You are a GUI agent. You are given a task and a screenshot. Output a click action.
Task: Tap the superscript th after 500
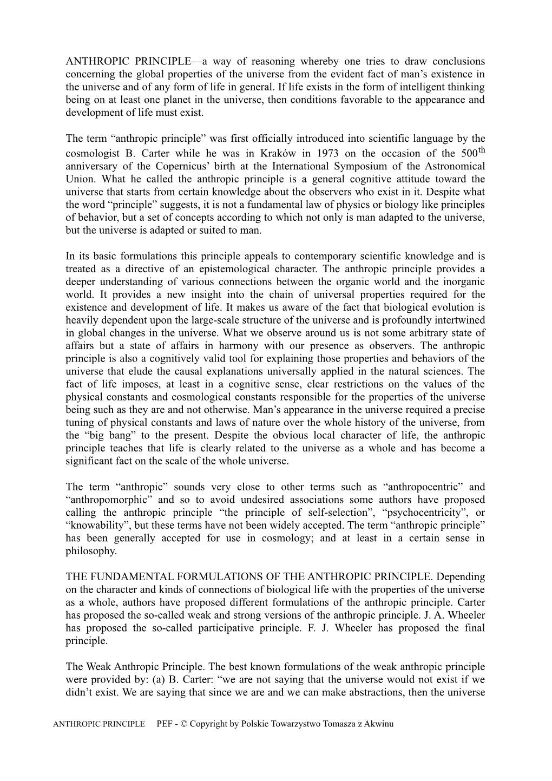pos(480,149)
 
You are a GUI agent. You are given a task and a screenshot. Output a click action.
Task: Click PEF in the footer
pos(165,724)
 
